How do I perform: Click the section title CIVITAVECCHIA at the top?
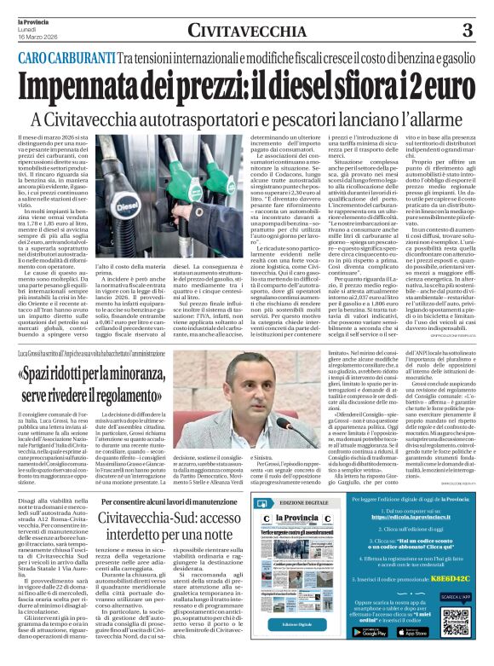tap(247, 32)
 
